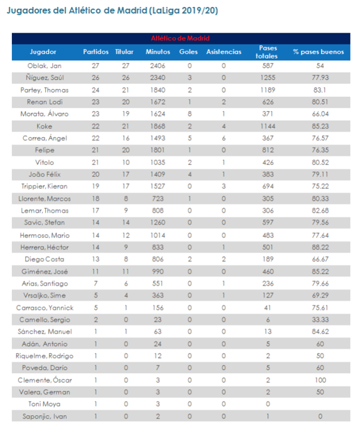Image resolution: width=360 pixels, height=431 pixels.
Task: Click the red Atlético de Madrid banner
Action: [x=180, y=38]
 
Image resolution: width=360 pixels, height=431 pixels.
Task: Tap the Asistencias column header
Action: [x=223, y=52]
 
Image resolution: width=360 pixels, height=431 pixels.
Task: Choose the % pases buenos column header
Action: [x=318, y=52]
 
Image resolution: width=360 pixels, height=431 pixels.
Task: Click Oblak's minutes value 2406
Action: [x=157, y=65]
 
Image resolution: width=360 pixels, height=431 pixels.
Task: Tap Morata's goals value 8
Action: [x=189, y=114]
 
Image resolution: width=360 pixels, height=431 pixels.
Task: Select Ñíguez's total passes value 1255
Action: [x=268, y=77]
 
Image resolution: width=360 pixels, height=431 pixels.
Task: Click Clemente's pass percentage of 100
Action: [x=320, y=380]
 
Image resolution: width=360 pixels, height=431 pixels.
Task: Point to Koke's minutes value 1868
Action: [x=157, y=126]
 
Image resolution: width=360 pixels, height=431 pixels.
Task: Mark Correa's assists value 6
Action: [x=223, y=138]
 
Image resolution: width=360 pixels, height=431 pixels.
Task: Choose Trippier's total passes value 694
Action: [x=268, y=186]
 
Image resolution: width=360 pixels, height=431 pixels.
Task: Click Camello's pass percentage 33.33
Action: [x=320, y=320]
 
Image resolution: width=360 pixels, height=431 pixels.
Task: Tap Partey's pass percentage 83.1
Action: [x=320, y=89]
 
